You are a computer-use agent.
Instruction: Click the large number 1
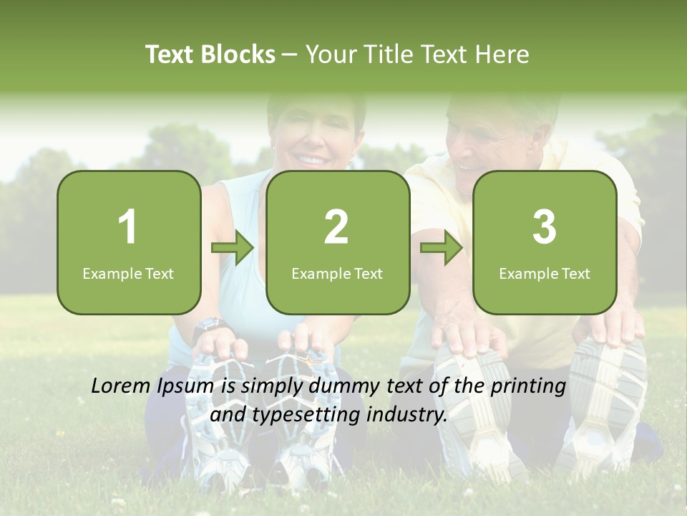(128, 227)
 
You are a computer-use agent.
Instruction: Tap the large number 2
(336, 227)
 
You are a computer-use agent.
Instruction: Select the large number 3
(545, 227)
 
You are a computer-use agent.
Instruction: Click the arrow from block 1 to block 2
(233, 249)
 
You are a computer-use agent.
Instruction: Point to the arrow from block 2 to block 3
(442, 249)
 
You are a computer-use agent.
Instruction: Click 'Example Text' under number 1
(128, 273)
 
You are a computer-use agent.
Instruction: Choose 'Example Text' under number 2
(337, 273)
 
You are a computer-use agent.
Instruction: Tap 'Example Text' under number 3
(545, 273)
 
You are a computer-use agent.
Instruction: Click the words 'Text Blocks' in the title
(210, 54)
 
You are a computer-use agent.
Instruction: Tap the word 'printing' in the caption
(527, 387)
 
